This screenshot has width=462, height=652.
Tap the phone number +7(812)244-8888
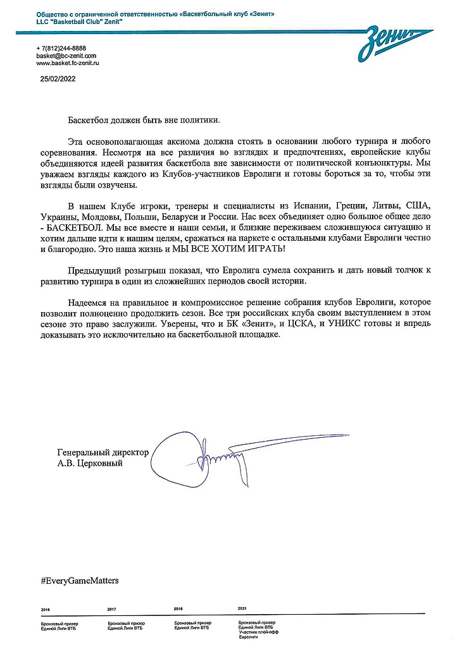pos(61,49)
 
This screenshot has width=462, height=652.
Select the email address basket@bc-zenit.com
pos(66,56)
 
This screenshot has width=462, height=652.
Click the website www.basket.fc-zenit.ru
pos(68,64)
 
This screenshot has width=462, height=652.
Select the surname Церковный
pos(99,464)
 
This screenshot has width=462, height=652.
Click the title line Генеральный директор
pos(103,453)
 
